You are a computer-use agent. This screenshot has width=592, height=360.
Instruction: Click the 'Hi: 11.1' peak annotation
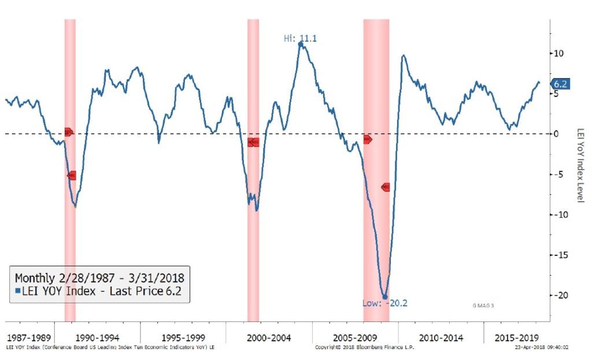point(300,39)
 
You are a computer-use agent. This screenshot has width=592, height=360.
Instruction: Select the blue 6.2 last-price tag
point(560,84)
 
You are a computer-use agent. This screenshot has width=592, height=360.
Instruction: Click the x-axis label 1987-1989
point(28,337)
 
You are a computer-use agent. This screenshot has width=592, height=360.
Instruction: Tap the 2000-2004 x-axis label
point(269,337)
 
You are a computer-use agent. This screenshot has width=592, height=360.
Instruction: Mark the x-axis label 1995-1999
point(183,337)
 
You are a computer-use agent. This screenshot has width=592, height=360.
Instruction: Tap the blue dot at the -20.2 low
point(385,297)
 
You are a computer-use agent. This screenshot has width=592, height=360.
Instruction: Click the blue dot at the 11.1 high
point(301,44)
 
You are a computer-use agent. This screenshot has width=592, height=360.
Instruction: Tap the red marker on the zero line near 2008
point(367,139)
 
